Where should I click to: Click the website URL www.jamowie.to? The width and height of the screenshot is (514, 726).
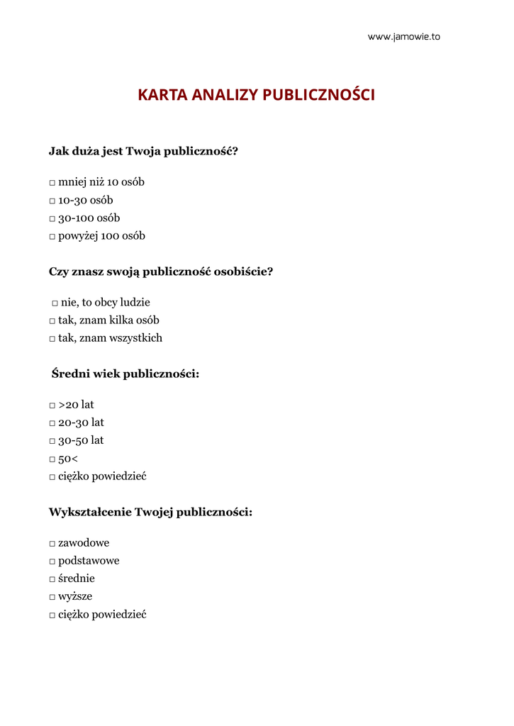403,37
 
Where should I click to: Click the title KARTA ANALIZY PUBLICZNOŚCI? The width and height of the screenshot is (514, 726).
256,95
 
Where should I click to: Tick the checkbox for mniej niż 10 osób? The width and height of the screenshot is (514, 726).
52,184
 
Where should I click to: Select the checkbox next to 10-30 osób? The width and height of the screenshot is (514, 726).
52,201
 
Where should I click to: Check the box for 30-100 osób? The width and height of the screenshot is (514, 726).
52,219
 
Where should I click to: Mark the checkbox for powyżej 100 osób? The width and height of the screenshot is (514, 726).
52,237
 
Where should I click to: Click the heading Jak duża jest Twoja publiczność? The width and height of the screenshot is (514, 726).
143,151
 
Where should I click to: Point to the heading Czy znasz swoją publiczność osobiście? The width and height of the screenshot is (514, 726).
161,272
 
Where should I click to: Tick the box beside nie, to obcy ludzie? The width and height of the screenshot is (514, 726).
55,303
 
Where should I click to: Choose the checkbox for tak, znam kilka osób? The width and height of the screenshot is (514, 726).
52,321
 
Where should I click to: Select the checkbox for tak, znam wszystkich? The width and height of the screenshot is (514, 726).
52,339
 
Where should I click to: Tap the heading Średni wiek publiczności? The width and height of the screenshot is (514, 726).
125,374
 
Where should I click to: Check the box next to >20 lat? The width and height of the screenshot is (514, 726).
52,406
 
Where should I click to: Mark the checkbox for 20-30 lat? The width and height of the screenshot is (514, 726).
52,423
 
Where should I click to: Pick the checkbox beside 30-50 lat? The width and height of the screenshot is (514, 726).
52,441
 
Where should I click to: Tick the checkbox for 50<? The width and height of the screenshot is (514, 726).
52,459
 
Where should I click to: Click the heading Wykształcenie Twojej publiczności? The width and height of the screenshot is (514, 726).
150,512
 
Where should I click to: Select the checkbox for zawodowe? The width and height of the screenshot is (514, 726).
52,544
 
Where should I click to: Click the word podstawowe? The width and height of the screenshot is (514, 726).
89,561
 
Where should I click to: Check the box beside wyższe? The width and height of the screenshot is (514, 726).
52,597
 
